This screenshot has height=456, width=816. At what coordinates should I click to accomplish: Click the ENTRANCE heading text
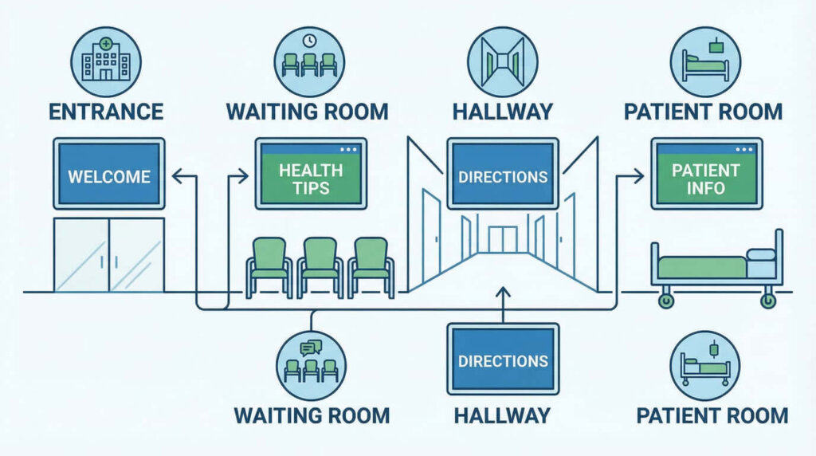coord(106,110)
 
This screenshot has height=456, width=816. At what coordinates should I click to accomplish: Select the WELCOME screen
coord(108,175)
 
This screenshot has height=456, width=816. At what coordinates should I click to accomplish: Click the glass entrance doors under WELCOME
coord(108,254)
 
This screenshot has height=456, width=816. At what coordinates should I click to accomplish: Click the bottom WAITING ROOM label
coord(312,415)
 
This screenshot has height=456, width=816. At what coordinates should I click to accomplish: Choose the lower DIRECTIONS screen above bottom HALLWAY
coord(503,360)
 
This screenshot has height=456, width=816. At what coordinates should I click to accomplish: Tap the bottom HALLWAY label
coord(502,415)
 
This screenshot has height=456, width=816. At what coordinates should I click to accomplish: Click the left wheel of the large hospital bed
coord(665,301)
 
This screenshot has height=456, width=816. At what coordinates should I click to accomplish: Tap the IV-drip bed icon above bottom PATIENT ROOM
coord(706,364)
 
